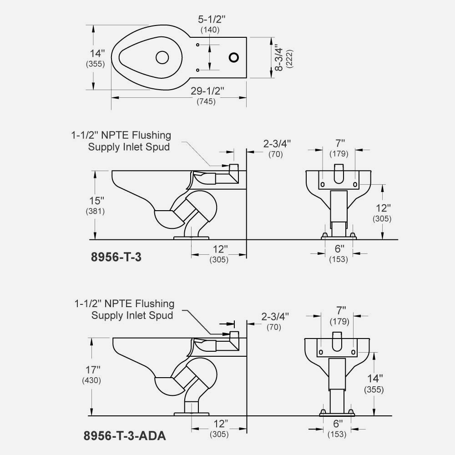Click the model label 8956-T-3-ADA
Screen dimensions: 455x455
point(125,436)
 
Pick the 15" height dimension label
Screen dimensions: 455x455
point(96,200)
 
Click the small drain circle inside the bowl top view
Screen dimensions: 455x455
point(162,57)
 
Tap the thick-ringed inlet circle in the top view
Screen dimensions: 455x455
point(234,57)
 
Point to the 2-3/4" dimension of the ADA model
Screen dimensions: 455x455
point(275,315)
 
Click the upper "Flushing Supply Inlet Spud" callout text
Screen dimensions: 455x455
point(121,141)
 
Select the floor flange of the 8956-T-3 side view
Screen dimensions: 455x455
point(192,237)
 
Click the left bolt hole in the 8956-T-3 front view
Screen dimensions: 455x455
point(323,184)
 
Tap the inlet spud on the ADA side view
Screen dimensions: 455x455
point(234,336)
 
